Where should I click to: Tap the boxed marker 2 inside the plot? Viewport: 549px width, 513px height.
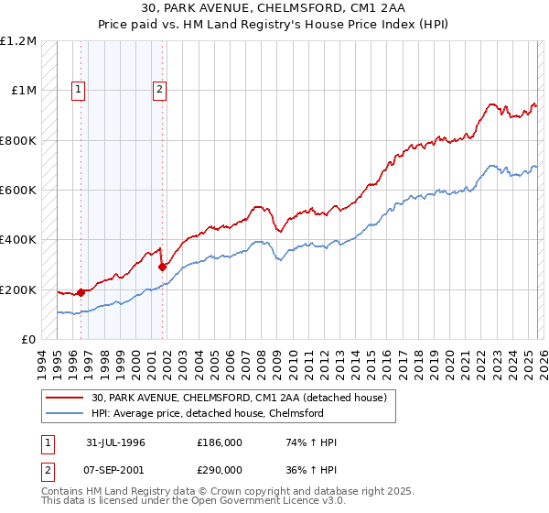coord(159,90)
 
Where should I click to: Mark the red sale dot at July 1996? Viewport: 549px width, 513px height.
coord(81,293)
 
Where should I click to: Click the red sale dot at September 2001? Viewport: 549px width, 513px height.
coord(162,267)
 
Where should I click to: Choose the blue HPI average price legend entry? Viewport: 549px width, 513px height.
coord(221,414)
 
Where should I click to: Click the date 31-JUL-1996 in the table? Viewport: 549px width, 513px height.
coord(116,442)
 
